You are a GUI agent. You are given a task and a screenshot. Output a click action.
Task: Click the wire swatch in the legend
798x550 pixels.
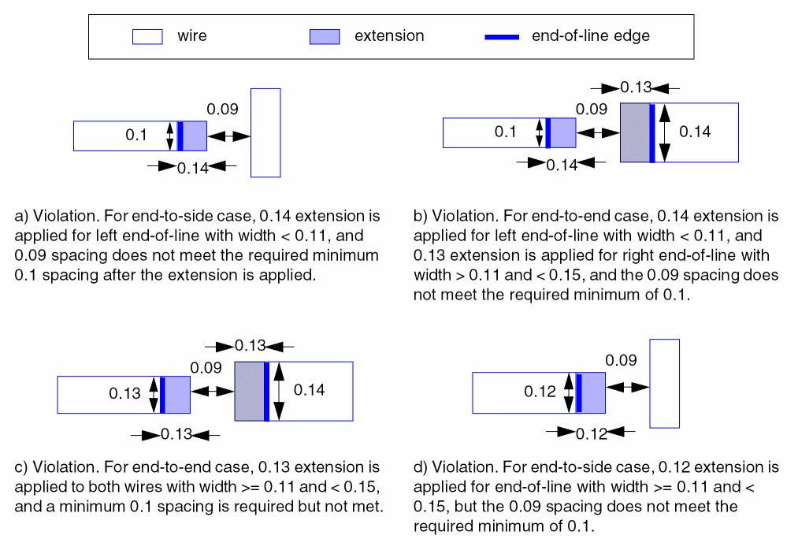tap(147, 36)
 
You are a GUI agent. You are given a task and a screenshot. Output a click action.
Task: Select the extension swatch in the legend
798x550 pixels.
tap(325, 36)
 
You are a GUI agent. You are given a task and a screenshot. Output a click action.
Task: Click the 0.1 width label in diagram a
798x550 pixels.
tap(136, 136)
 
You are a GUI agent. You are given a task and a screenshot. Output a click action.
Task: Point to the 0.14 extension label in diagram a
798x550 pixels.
tap(192, 168)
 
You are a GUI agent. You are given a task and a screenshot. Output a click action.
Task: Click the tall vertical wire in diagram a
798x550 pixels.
tap(265, 132)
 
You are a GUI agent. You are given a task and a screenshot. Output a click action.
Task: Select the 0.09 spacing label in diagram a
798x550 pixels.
tap(222, 110)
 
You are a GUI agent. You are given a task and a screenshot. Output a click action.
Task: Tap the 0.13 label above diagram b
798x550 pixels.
tap(636, 87)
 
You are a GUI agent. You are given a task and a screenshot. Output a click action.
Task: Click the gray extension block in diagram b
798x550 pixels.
tap(635, 132)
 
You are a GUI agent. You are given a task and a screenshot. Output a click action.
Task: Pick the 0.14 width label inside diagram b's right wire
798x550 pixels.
tap(695, 132)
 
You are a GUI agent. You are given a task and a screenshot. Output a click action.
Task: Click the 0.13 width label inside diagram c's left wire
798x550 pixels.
tap(124, 395)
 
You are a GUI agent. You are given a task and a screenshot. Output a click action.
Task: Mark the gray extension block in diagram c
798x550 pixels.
tap(249, 391)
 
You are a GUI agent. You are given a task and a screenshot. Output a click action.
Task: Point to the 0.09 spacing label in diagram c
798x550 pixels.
tap(206, 367)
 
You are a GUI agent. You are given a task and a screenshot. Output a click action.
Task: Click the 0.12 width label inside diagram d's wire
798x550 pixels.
tap(540, 392)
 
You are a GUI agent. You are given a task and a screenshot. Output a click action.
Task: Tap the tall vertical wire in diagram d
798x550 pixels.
tap(664, 383)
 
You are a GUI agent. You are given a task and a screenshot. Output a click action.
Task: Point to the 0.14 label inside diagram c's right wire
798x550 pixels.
tap(309, 390)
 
